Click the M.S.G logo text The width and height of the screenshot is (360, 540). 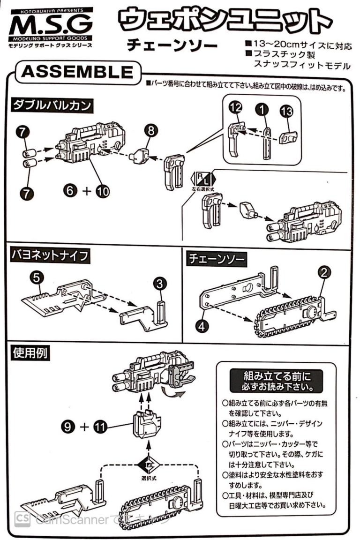[51, 25]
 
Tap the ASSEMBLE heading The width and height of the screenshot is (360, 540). [77, 72]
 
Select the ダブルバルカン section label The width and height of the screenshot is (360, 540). [52, 105]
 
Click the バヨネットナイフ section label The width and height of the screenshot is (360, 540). [50, 255]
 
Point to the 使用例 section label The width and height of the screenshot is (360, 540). [30, 352]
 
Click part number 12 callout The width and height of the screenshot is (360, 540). [236, 108]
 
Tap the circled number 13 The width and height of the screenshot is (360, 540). [286, 111]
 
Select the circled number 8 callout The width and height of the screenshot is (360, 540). [151, 131]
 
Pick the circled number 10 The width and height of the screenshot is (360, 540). [103, 191]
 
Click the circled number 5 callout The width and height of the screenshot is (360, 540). [37, 277]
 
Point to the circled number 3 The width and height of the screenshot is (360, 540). [159, 284]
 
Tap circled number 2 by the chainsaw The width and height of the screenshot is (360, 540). [323, 272]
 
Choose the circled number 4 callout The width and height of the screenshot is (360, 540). [202, 325]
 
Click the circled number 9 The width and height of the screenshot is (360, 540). [68, 427]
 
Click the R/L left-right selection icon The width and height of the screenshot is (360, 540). [203, 179]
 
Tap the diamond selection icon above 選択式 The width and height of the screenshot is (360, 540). [149, 465]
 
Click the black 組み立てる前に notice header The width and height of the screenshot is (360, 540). [277, 381]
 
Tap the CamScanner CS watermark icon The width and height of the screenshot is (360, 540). [22, 519]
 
